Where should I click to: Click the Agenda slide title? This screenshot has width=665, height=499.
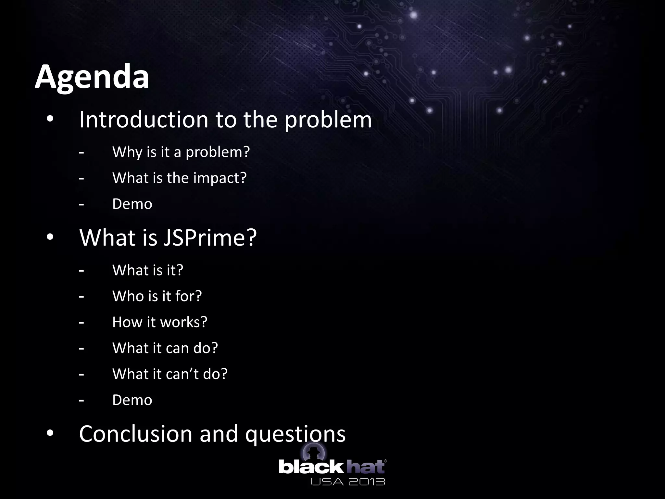tap(92, 77)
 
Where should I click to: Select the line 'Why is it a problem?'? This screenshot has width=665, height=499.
tap(181, 152)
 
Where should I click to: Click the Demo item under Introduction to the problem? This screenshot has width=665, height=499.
tap(132, 204)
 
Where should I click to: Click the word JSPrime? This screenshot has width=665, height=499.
tap(210, 237)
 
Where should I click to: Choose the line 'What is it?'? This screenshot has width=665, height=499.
tap(148, 270)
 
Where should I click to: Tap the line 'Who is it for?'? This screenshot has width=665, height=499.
tap(157, 296)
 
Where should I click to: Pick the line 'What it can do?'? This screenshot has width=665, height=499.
tap(165, 348)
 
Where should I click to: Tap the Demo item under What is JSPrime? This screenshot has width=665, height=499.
tap(132, 400)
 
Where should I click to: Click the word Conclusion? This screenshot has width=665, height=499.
tap(136, 434)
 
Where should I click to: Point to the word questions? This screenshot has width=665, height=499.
tap(295, 434)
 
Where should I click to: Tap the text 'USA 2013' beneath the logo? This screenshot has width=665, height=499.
tap(348, 481)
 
